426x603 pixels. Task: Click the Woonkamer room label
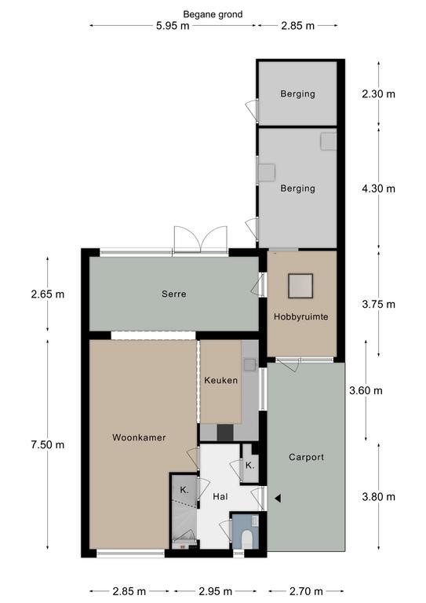point(139,437)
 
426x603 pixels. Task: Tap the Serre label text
point(174,294)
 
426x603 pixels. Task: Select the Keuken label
point(221,380)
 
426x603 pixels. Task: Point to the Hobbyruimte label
point(300,316)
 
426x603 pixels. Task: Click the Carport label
point(306,457)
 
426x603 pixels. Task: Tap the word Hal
point(220,496)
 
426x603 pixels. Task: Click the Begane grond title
point(213,14)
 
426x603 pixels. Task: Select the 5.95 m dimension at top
point(173,26)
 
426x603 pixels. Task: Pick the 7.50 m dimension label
point(48,444)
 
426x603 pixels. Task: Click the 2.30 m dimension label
point(378,94)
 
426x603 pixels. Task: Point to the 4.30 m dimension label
point(378,188)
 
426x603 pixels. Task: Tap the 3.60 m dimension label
point(366,391)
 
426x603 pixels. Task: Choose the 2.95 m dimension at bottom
point(215,591)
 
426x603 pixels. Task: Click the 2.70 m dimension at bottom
point(306,591)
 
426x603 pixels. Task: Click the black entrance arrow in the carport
point(278,499)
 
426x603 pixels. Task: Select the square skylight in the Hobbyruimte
point(300,286)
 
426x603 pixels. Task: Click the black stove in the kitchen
point(225,433)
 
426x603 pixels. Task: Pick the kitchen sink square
point(249,364)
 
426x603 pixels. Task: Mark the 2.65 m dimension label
point(48,294)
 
